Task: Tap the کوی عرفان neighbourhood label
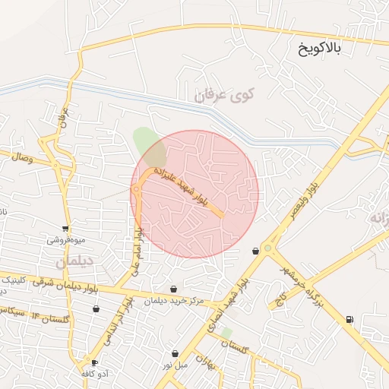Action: tap(226, 96)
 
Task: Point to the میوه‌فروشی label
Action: tap(66, 239)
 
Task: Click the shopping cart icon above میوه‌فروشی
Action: tap(66, 227)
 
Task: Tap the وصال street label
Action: tap(20, 158)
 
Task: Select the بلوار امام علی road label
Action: tap(135, 251)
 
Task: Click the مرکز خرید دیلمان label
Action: tap(176, 301)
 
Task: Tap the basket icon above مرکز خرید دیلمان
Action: tap(176, 289)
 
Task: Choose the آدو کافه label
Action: tap(94, 374)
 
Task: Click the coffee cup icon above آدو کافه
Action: tap(94, 362)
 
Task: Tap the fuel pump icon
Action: tap(349, 320)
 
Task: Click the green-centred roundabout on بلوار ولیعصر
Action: tap(268, 247)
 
